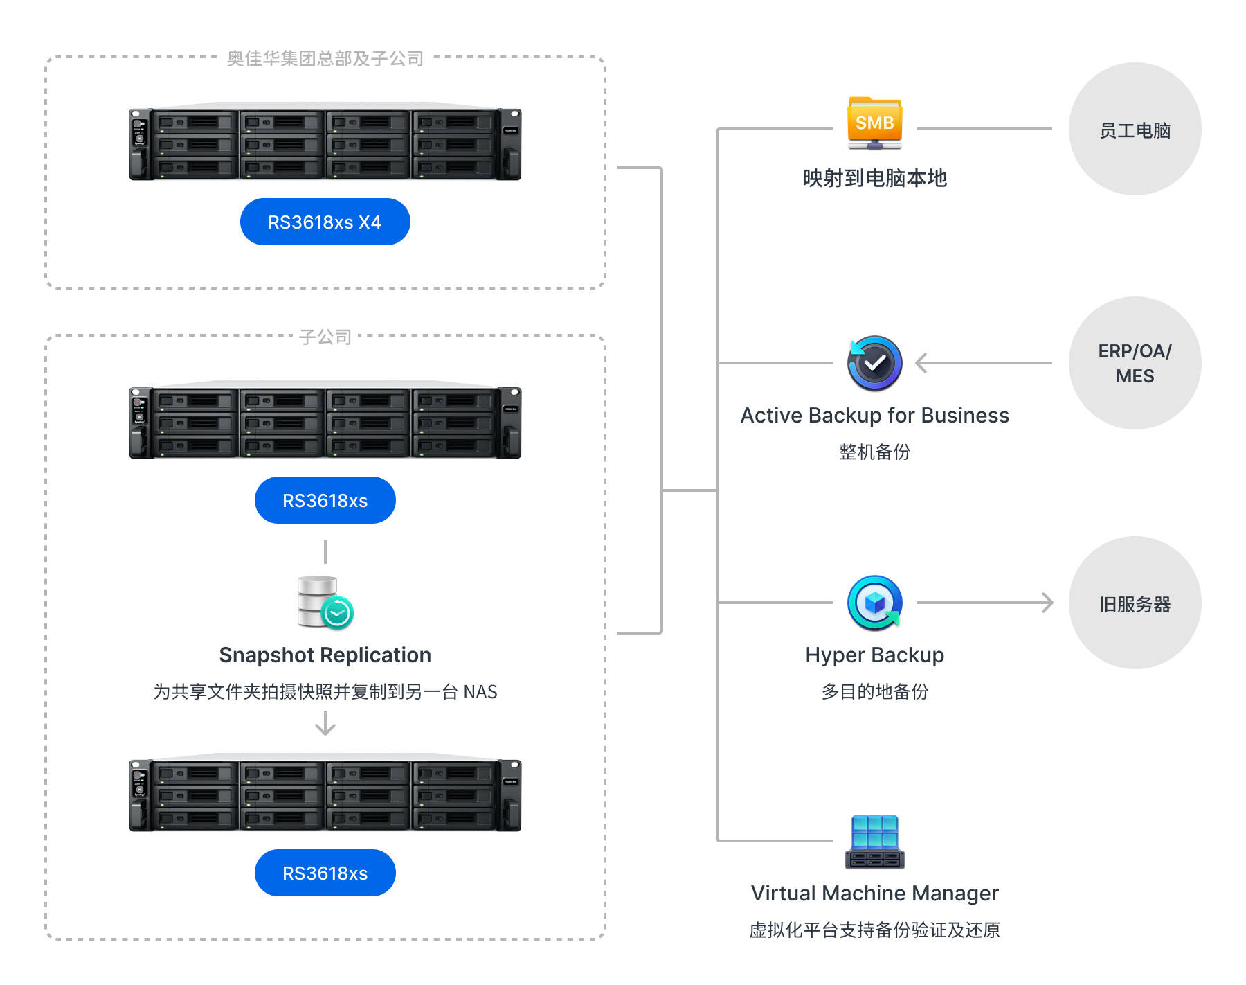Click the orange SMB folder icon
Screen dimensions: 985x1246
coord(874,123)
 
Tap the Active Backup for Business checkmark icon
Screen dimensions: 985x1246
coord(874,363)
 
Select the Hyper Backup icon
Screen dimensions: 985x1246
coord(874,603)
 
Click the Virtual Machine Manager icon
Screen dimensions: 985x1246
coord(874,842)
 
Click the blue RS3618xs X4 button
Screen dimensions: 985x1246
coord(325,222)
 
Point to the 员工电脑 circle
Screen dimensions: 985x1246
coord(1135,130)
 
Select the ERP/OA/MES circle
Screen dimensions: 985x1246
coord(1135,363)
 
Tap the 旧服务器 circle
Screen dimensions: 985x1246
coord(1135,603)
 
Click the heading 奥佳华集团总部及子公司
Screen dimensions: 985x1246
coord(325,59)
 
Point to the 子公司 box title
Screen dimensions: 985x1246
coord(325,337)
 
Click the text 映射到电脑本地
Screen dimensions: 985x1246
coord(874,178)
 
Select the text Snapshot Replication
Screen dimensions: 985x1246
coord(325,655)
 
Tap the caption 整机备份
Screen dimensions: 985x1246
coord(874,452)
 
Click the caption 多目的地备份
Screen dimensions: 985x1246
coord(874,691)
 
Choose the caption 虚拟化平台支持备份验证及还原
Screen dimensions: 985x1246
coord(874,930)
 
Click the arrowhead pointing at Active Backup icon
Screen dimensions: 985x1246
coord(921,363)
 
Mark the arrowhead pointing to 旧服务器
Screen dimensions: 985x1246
coord(1047,603)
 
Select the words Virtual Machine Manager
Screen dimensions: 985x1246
coord(874,893)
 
